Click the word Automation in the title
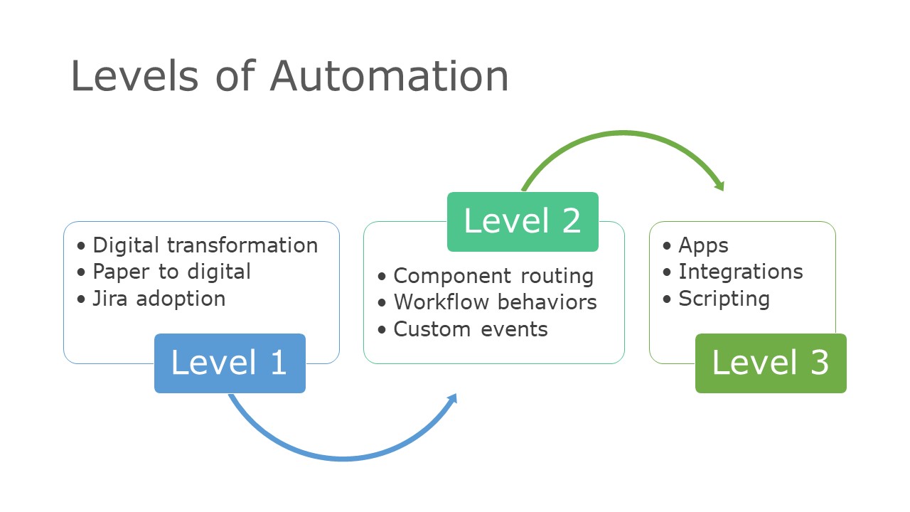pyautogui.click(x=390, y=75)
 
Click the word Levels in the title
pyautogui.click(x=134, y=75)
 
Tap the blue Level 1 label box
pyautogui.click(x=230, y=363)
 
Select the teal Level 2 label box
pyautogui.click(x=523, y=221)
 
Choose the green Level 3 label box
pyautogui.click(x=771, y=363)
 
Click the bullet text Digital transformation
pyautogui.click(x=205, y=245)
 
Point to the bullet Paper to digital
pyautogui.click(x=171, y=272)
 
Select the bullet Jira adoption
pyautogui.click(x=159, y=299)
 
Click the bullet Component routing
pyautogui.click(x=493, y=276)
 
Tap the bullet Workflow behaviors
pyautogui.click(x=495, y=302)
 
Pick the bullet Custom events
pyautogui.click(x=471, y=329)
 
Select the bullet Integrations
pyautogui.click(x=740, y=272)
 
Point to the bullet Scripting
pyautogui.click(x=724, y=299)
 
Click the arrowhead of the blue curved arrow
pyautogui.click(x=452, y=398)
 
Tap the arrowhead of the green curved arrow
pyautogui.click(x=719, y=186)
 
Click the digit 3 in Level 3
pyautogui.click(x=818, y=363)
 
